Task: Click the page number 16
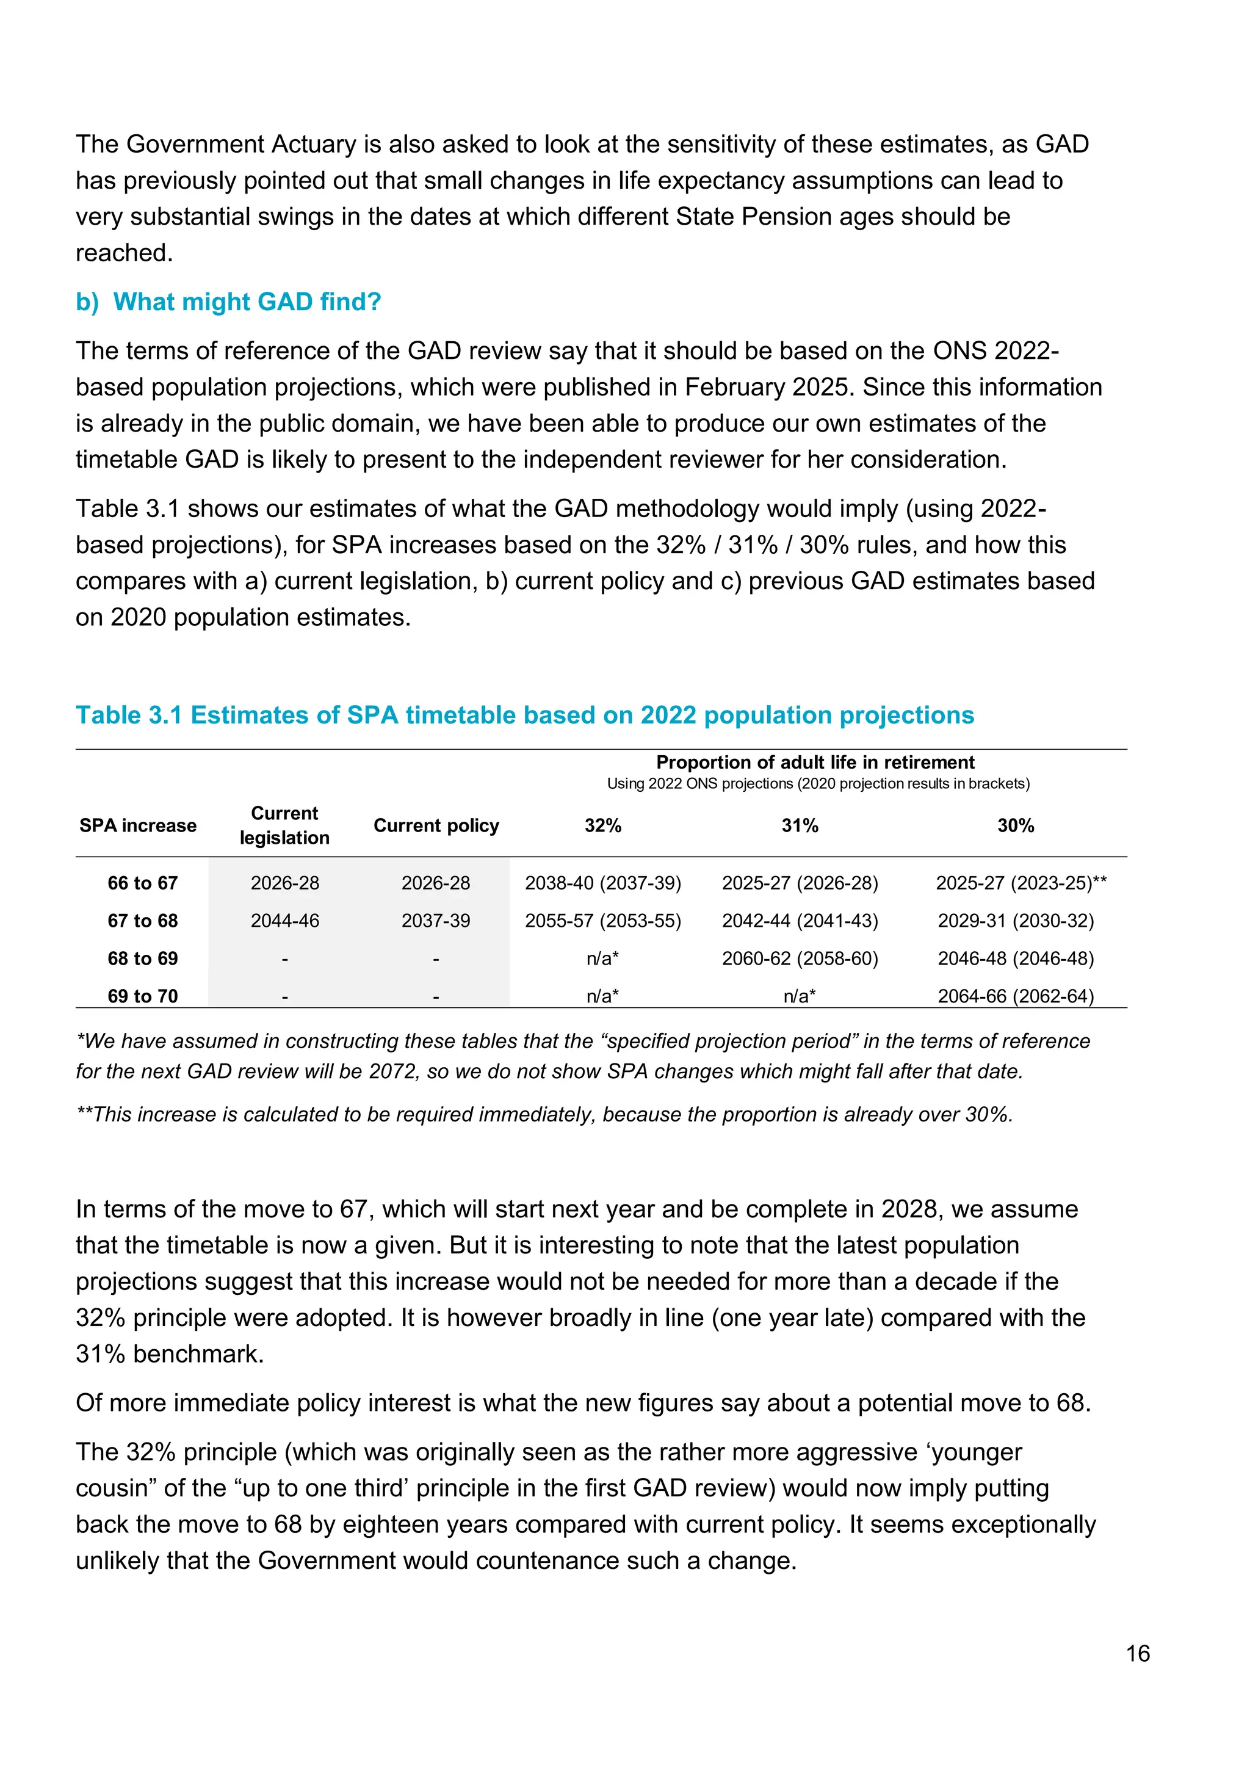(1137, 1653)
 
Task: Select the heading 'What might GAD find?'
(247, 302)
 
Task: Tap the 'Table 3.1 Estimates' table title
(524, 715)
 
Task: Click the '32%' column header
(602, 825)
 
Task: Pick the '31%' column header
(800, 825)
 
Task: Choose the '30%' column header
(1015, 825)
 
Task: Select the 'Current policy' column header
(436, 825)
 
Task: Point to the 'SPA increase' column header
(138, 825)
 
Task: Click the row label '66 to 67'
(142, 883)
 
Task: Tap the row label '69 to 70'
(142, 996)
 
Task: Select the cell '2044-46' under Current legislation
(285, 921)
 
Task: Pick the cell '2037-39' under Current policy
(436, 921)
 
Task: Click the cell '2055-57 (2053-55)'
(602, 921)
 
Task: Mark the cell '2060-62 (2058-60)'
(800, 958)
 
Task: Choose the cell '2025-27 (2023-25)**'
(1021, 883)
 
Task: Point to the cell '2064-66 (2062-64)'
(1015, 996)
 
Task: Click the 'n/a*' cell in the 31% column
(800, 996)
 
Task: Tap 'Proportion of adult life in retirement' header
(815, 763)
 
